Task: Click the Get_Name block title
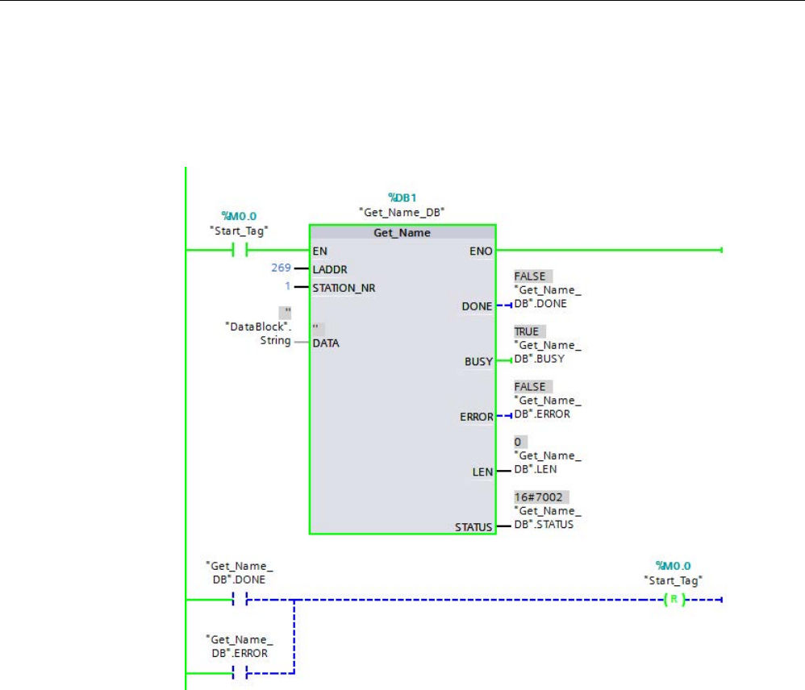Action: [x=402, y=233]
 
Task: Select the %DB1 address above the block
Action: [x=402, y=197]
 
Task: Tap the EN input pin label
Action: [x=319, y=251]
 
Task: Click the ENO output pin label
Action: [x=481, y=251]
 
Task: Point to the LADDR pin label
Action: [x=329, y=269]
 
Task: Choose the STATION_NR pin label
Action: [x=344, y=287]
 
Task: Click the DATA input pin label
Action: [x=326, y=343]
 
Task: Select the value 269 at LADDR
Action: [x=281, y=268]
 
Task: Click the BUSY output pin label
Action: [x=478, y=362]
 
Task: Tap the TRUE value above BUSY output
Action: [x=526, y=331]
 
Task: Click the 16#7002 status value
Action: [x=538, y=497]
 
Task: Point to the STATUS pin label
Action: [x=473, y=528]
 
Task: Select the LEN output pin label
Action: [x=482, y=472]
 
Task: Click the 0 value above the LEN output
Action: [x=518, y=443]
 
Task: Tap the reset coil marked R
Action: [x=672, y=600]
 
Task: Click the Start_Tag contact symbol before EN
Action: [x=240, y=251]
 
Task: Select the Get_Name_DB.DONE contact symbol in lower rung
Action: [x=239, y=600]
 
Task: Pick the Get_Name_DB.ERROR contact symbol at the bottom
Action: [x=239, y=672]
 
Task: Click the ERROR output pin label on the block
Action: [x=477, y=417]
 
